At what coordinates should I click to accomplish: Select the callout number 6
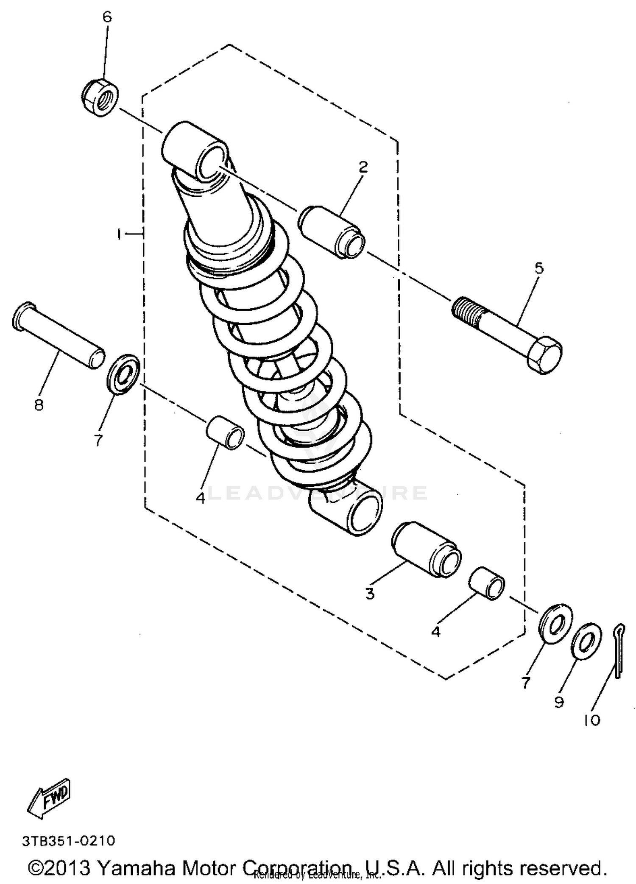click(x=107, y=17)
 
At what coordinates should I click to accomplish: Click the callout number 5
click(x=539, y=268)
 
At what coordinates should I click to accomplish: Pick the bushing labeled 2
click(x=332, y=232)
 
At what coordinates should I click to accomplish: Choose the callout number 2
click(x=363, y=167)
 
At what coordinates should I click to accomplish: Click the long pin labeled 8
click(x=58, y=335)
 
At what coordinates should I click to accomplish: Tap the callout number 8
click(x=39, y=405)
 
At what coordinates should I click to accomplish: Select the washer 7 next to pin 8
click(x=123, y=374)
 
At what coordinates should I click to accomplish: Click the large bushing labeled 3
click(x=426, y=549)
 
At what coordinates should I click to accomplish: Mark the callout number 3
click(x=370, y=594)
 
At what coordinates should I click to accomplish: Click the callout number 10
click(x=592, y=719)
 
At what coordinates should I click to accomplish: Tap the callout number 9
click(x=559, y=703)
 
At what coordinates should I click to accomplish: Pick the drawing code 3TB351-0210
click(x=68, y=840)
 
